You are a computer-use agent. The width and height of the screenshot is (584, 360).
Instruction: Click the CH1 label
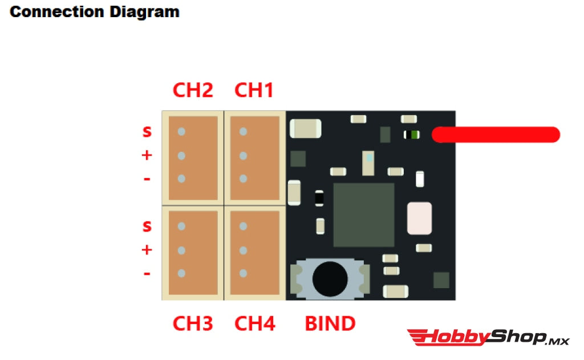(x=254, y=90)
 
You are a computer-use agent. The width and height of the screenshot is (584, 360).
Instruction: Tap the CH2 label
(x=193, y=90)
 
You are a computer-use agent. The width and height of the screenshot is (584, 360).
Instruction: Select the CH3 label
(x=193, y=323)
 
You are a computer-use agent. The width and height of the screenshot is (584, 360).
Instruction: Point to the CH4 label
(x=255, y=323)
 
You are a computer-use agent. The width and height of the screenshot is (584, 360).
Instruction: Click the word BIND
(x=330, y=323)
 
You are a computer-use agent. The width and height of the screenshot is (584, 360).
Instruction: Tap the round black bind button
(x=330, y=278)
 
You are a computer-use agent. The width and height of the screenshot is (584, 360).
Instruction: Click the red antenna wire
(x=496, y=135)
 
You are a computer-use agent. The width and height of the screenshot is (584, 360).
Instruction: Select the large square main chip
(x=364, y=215)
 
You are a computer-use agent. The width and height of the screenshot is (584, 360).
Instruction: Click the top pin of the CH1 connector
(x=243, y=132)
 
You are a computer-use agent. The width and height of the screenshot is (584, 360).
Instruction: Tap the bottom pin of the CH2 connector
(x=181, y=179)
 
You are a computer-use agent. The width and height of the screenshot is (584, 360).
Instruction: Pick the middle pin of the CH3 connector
(x=181, y=250)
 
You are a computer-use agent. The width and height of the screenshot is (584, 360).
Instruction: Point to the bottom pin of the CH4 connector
(x=243, y=274)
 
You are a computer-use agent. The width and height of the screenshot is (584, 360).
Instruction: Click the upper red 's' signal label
(x=147, y=132)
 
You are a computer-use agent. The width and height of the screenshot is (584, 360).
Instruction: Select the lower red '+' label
(x=147, y=250)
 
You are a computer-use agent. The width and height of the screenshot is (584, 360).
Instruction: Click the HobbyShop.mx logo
(x=488, y=338)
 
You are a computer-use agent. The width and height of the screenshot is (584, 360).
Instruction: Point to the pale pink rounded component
(x=419, y=218)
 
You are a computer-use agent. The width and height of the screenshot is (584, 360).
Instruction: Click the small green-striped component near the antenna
(x=412, y=135)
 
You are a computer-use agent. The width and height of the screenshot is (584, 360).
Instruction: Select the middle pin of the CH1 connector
(x=243, y=155)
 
